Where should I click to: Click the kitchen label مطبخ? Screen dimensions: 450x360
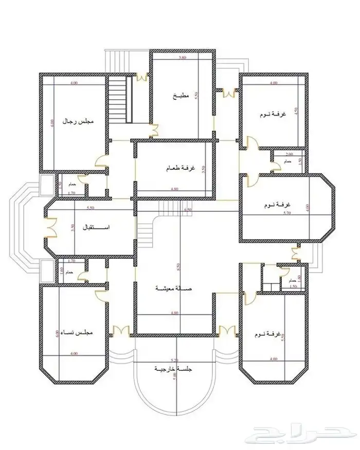click(x=182, y=96)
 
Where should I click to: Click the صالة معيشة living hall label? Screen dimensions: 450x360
click(x=173, y=289)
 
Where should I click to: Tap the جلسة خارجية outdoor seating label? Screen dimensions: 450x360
click(x=174, y=369)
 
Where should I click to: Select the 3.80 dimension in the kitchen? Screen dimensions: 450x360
click(x=182, y=58)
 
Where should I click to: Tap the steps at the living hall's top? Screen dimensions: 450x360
click(x=170, y=209)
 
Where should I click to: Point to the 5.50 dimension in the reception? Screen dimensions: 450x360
click(x=91, y=207)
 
